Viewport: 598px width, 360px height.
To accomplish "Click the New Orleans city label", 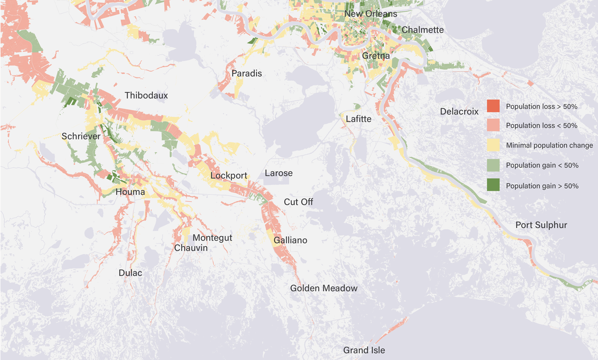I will tap(370, 14).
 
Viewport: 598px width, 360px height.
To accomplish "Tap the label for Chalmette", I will tap(422, 30).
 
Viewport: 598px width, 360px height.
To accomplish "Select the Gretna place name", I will tap(376, 56).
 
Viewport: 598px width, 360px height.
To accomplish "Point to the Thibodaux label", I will tap(146, 96).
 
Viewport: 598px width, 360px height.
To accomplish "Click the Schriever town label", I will tap(81, 136).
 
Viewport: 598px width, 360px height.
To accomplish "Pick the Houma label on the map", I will tap(130, 192).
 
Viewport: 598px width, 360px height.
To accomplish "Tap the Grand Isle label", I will tap(364, 350).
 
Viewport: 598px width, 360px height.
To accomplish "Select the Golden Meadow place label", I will tap(323, 288).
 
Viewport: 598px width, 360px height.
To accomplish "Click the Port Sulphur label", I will tap(541, 225).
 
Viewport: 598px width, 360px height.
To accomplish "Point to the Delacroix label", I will tap(459, 111).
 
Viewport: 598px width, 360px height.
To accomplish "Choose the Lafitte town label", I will tap(358, 119).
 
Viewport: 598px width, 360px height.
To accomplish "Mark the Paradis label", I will tap(247, 73).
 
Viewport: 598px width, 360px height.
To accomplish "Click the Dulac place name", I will tap(130, 273).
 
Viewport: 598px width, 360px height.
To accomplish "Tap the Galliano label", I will tap(290, 240).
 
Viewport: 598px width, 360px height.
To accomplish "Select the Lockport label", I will tap(229, 175).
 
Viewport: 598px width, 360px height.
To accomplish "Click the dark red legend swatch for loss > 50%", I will tap(493, 106).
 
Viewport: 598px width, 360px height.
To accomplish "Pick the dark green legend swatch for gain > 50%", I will tap(493, 186).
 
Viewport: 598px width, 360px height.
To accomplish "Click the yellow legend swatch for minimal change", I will tap(493, 145).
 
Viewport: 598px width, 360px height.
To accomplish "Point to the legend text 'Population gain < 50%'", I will tap(542, 165).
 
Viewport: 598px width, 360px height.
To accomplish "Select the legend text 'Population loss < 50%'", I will tap(541, 126).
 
